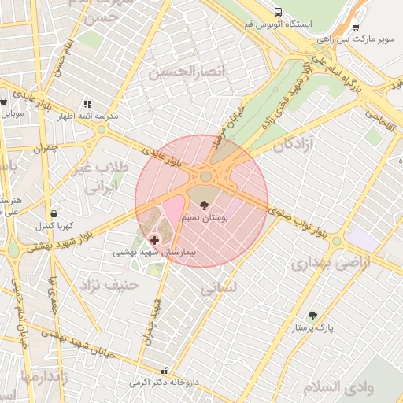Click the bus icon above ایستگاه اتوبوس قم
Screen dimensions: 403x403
[279, 12]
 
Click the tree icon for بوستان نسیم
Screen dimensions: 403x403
[205, 205]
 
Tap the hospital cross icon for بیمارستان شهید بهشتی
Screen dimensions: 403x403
[153, 238]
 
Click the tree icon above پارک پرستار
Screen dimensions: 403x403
[313, 316]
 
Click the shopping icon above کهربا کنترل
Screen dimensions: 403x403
[54, 213]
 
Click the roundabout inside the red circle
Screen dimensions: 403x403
[206, 176]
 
